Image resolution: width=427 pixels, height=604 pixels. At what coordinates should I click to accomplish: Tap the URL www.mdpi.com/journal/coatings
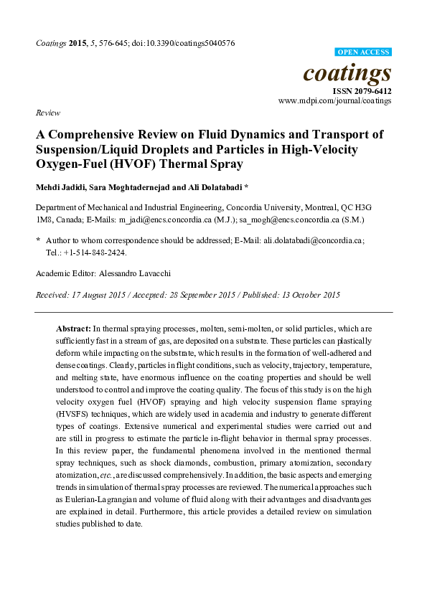click(x=334, y=102)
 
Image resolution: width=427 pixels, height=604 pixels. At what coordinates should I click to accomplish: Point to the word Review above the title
click(x=47, y=113)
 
